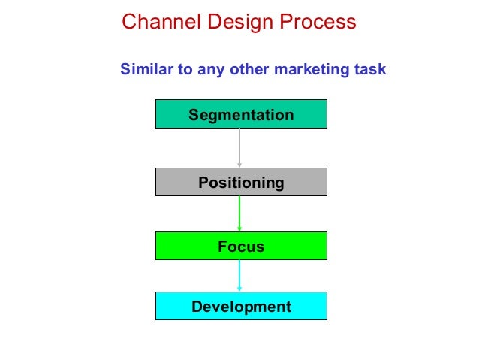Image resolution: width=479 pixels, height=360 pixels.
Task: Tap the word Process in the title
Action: pyautogui.click(x=316, y=22)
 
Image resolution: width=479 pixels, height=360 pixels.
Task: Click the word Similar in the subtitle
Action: pyautogui.click(x=146, y=70)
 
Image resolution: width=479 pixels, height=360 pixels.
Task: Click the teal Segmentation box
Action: pyautogui.click(x=241, y=115)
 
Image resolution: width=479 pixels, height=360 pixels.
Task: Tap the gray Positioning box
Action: pyautogui.click(x=241, y=182)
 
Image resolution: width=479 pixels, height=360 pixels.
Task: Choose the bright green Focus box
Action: pyautogui.click(x=241, y=246)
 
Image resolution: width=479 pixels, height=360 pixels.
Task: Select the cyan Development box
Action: pyautogui.click(x=241, y=306)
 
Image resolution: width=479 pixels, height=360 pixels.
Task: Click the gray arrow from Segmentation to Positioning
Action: pyautogui.click(x=239, y=147)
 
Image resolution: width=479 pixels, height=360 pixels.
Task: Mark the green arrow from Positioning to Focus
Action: pyautogui.click(x=239, y=212)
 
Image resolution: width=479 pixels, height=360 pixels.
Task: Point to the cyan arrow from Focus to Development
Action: pyautogui.click(x=239, y=274)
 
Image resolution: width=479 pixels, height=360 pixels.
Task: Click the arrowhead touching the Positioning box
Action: pyautogui.click(x=239, y=165)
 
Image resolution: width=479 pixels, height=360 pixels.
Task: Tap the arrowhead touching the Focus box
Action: pyautogui.click(x=239, y=228)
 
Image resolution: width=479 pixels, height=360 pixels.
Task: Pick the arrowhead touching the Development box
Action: pyautogui.click(x=239, y=289)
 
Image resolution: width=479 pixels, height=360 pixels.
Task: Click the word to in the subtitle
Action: pyautogui.click(x=185, y=70)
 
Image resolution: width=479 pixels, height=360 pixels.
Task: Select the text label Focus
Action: pyautogui.click(x=241, y=247)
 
